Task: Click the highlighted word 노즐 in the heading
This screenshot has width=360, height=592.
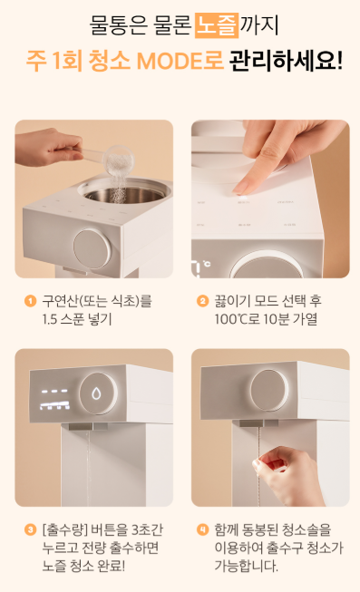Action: (x=217, y=25)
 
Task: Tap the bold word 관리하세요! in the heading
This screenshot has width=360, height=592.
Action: (x=286, y=61)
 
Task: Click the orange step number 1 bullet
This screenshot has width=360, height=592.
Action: (x=30, y=301)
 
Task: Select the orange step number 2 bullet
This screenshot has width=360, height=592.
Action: (x=203, y=301)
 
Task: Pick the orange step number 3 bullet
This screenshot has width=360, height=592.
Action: (x=30, y=529)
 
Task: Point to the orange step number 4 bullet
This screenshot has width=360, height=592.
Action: (x=203, y=529)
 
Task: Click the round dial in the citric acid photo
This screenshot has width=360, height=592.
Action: (x=92, y=248)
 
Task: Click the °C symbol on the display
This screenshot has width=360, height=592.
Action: (x=207, y=264)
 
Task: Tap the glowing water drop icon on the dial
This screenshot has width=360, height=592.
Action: (x=97, y=393)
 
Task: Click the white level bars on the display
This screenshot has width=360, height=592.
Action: (x=55, y=406)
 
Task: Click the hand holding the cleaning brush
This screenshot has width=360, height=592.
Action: (x=287, y=475)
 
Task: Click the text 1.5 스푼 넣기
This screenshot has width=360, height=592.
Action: (x=77, y=319)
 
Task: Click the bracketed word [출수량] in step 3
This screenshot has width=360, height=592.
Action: (x=65, y=529)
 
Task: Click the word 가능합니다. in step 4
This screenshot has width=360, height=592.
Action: (x=247, y=566)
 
